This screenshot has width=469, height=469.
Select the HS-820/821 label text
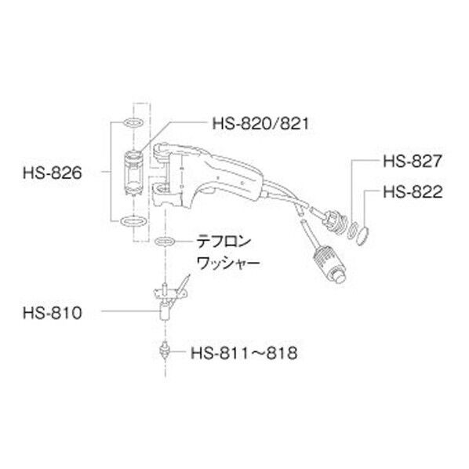tap(255, 122)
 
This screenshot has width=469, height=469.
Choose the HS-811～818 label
tap(243, 353)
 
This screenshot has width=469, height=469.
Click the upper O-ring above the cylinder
tap(133, 123)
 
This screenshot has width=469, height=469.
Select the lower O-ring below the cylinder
tap(133, 220)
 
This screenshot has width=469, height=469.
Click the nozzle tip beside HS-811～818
tap(166, 347)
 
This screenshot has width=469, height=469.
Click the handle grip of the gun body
tap(235, 176)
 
